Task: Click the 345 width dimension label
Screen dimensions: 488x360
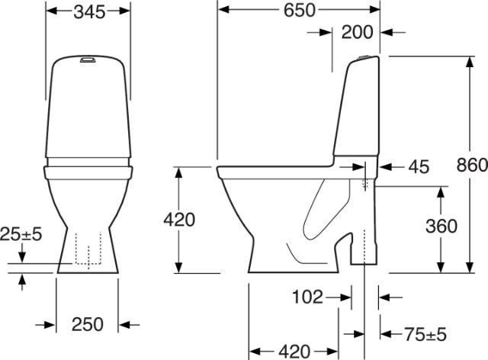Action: [89, 12]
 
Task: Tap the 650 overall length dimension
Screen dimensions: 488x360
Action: [300, 10]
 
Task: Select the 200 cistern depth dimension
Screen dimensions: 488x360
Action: [357, 32]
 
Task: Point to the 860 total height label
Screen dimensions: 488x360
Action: [472, 165]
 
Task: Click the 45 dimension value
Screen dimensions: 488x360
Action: [419, 167]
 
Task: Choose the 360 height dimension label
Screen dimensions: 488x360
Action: [441, 226]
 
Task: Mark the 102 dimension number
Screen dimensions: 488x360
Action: [307, 297]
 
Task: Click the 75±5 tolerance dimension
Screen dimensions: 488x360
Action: [425, 335]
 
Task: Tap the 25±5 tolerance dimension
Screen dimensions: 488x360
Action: [21, 234]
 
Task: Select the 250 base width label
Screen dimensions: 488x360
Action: [88, 324]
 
